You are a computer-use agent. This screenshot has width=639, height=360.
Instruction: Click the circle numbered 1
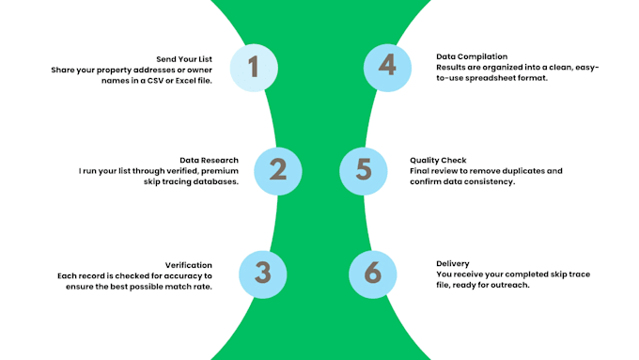[x=254, y=68]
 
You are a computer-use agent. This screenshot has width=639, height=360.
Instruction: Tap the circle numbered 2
[x=278, y=171]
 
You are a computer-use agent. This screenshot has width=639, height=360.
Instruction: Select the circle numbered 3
[x=263, y=274]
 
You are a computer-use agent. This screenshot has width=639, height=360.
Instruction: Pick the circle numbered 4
[x=387, y=68]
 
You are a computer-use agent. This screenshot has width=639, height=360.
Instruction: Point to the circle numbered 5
[x=364, y=171]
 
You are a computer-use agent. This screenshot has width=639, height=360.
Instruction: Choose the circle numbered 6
[x=373, y=274]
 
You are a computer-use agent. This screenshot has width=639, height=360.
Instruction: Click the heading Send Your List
[x=184, y=59]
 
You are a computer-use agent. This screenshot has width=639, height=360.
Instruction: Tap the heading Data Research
[x=209, y=160]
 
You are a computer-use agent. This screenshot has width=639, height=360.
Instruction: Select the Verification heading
[x=189, y=265]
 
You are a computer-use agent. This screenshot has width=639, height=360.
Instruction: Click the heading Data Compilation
[x=472, y=56]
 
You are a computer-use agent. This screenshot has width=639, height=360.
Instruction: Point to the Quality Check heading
[x=438, y=160]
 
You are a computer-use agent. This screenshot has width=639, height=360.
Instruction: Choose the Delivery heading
[x=453, y=264]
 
